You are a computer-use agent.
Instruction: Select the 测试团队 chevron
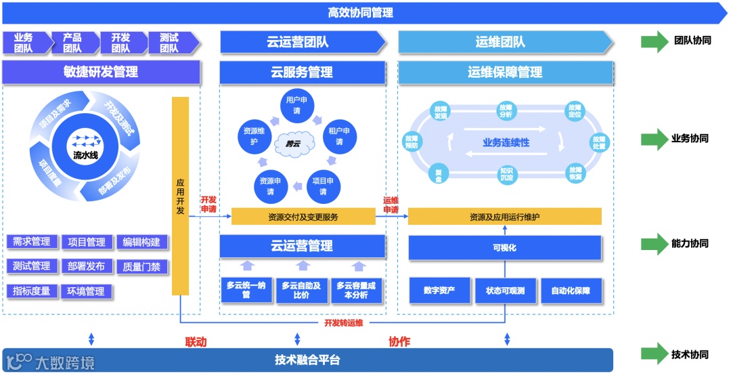tap(171, 43)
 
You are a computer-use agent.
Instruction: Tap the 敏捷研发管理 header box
tap(101, 72)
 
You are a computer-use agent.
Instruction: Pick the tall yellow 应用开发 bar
tap(180, 196)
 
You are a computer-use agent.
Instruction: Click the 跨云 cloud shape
tap(294, 143)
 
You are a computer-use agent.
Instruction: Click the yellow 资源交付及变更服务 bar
tap(303, 217)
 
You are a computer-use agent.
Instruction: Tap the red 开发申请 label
tap(208, 205)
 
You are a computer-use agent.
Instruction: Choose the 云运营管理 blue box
tap(303, 246)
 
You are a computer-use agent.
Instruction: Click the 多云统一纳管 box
tap(246, 290)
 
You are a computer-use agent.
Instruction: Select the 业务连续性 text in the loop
tap(505, 143)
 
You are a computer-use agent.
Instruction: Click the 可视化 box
tap(505, 248)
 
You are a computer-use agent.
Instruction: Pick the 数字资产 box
tap(439, 291)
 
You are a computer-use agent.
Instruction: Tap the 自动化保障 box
tap(571, 291)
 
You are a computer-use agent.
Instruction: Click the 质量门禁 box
tap(141, 267)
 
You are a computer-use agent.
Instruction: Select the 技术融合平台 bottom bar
tap(307, 360)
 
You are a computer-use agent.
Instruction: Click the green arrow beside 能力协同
tap(655, 244)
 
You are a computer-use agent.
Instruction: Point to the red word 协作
tap(399, 341)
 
